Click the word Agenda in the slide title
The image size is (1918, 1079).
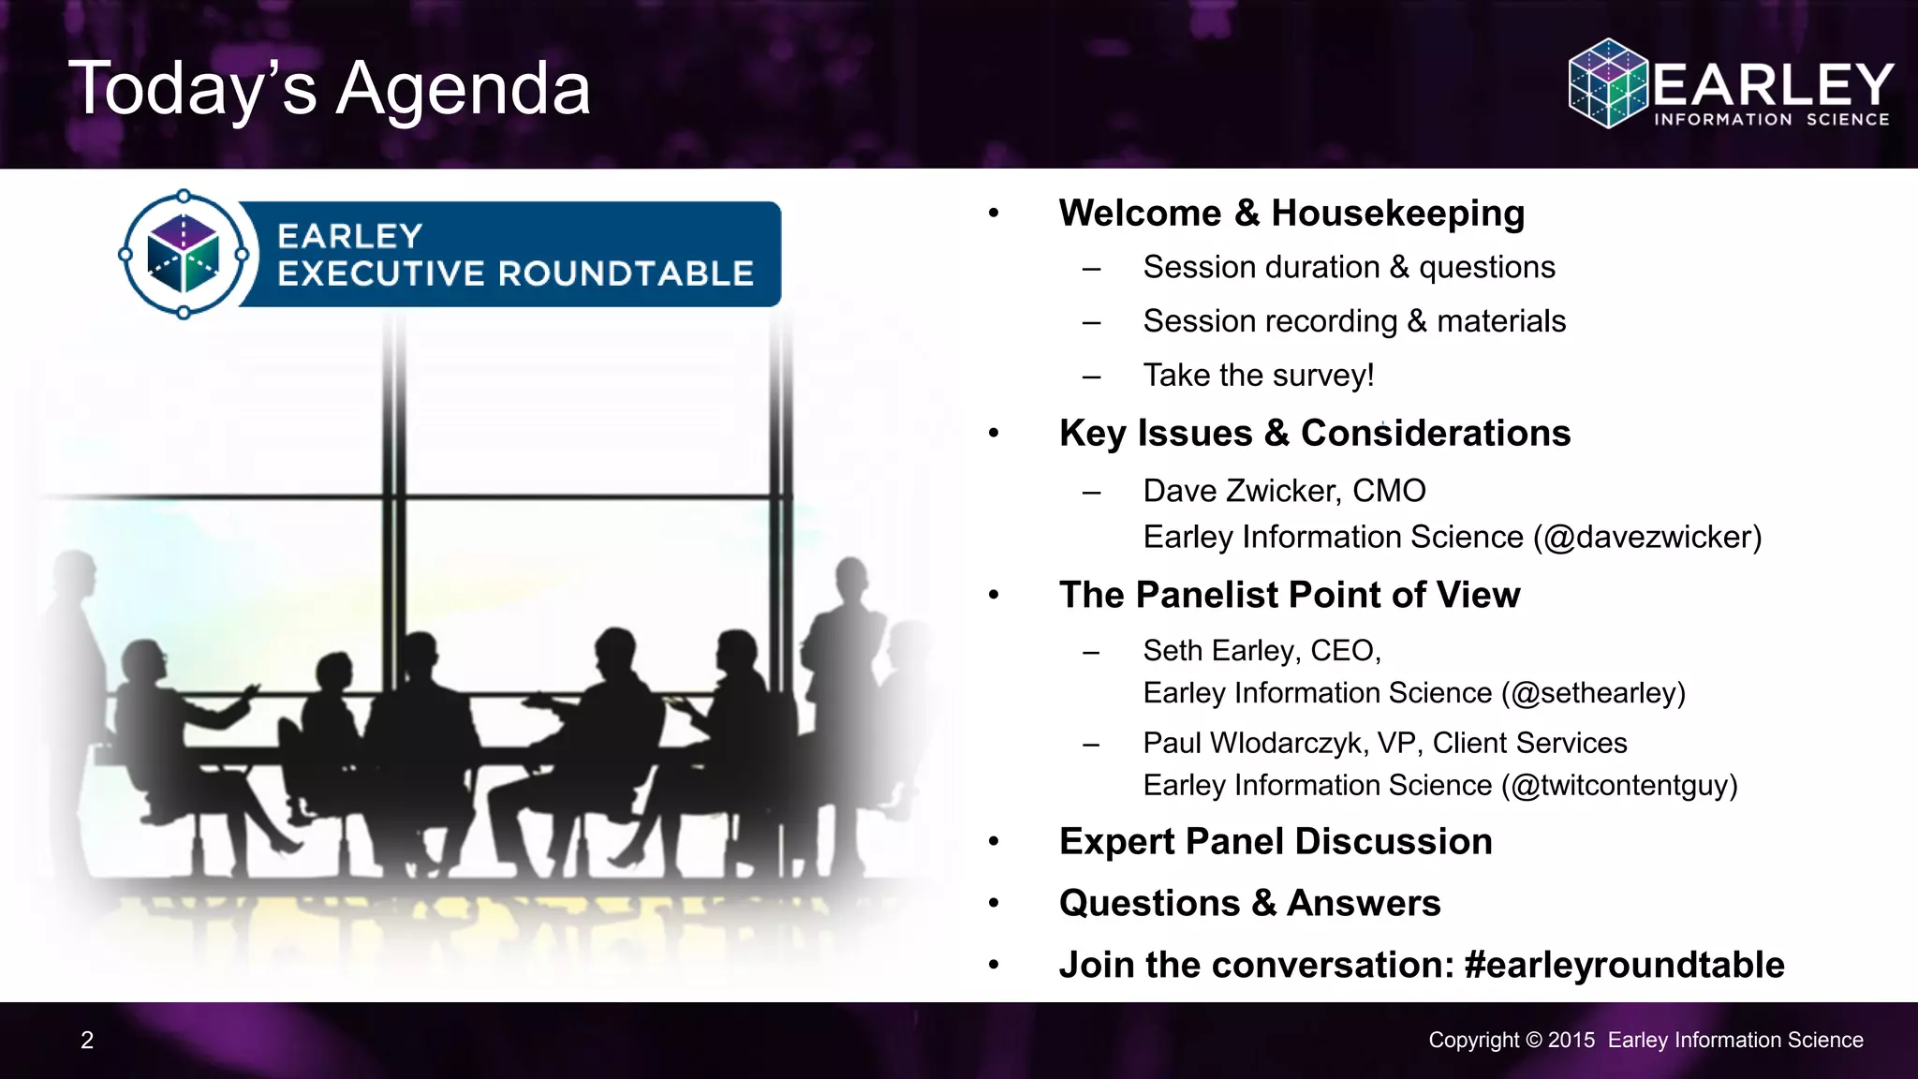(463, 89)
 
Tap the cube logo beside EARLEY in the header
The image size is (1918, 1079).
(1607, 83)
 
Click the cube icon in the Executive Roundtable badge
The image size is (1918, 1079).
(184, 254)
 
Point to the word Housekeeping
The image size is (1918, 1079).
(1397, 214)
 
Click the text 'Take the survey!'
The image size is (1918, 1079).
(1258, 376)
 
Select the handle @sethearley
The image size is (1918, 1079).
(1592, 693)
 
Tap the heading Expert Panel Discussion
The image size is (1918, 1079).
(1275, 842)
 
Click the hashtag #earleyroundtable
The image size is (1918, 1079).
(1624, 965)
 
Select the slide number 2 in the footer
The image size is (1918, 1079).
(87, 1040)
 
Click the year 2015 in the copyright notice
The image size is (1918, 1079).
(1571, 1040)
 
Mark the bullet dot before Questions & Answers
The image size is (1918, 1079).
(994, 903)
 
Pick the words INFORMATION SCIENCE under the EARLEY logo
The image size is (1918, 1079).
(1771, 120)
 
